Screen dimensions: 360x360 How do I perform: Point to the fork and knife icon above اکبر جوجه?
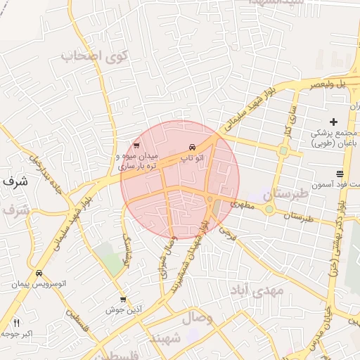pyautogui.click(x=16, y=323)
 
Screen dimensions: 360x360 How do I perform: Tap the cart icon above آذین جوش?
pyautogui.click(x=124, y=300)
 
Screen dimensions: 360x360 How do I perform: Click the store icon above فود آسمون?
pyautogui.click(x=340, y=174)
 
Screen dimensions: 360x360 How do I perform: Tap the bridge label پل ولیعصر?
pyautogui.click(x=331, y=84)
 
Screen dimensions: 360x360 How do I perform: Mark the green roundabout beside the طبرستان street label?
pyautogui.click(x=269, y=209)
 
